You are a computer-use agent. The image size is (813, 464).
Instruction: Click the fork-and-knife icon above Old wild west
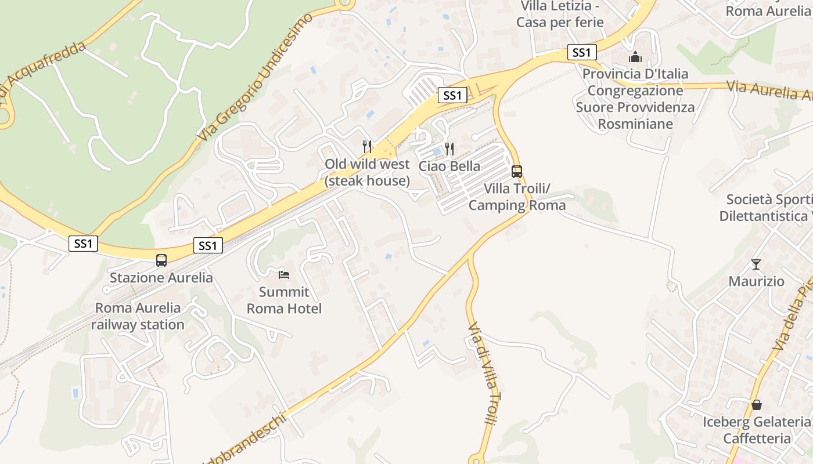[366, 146]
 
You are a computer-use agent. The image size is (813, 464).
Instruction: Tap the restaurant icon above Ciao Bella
[449, 149]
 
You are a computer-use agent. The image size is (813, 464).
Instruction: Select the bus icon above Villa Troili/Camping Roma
[516, 172]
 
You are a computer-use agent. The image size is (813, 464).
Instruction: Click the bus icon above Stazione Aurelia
[161, 260]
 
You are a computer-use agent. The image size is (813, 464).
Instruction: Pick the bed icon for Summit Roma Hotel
[284, 274]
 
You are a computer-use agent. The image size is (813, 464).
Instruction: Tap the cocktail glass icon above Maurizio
[756, 264]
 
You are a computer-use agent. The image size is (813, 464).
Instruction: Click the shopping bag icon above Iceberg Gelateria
[756, 404]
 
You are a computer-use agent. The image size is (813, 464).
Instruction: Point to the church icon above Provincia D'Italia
[635, 57]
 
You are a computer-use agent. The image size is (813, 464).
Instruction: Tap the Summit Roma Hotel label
[284, 300]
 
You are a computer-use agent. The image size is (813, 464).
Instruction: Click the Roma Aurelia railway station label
[138, 316]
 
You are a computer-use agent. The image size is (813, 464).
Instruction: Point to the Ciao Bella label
[449, 166]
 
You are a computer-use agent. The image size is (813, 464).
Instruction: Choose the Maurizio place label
[756, 282]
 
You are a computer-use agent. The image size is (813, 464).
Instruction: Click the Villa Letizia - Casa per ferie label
[560, 14]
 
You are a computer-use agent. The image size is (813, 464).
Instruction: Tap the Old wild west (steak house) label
[367, 172]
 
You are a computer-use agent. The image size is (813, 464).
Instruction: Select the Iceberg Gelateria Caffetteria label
[756, 430]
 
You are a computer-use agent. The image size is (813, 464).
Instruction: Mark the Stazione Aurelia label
[161, 278]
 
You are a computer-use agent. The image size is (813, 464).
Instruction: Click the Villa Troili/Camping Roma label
[517, 197]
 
